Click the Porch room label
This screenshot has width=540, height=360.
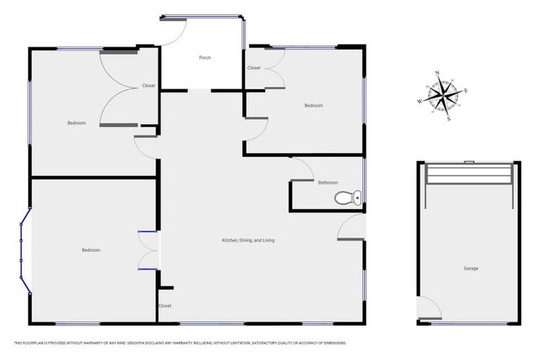(x=205, y=58)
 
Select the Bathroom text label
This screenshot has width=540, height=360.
(x=328, y=183)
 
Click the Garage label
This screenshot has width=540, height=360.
(x=470, y=269)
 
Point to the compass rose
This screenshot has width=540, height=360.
(x=443, y=95)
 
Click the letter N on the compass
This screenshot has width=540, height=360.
(x=437, y=73)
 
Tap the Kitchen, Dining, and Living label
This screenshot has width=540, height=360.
(x=248, y=240)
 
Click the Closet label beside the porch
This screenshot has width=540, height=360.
(x=254, y=68)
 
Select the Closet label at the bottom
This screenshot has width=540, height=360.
(x=165, y=306)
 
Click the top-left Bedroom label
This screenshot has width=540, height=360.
(x=77, y=123)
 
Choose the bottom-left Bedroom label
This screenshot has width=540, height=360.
(x=91, y=250)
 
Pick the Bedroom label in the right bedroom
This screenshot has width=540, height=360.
(x=314, y=105)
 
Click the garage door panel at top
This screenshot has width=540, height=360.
(x=470, y=173)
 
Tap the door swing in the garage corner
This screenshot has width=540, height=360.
(x=428, y=307)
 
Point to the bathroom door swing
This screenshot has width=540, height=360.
(x=302, y=169)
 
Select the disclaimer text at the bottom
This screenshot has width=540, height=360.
(x=180, y=343)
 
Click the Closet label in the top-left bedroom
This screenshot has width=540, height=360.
(x=148, y=86)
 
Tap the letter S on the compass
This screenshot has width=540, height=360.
(x=449, y=119)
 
